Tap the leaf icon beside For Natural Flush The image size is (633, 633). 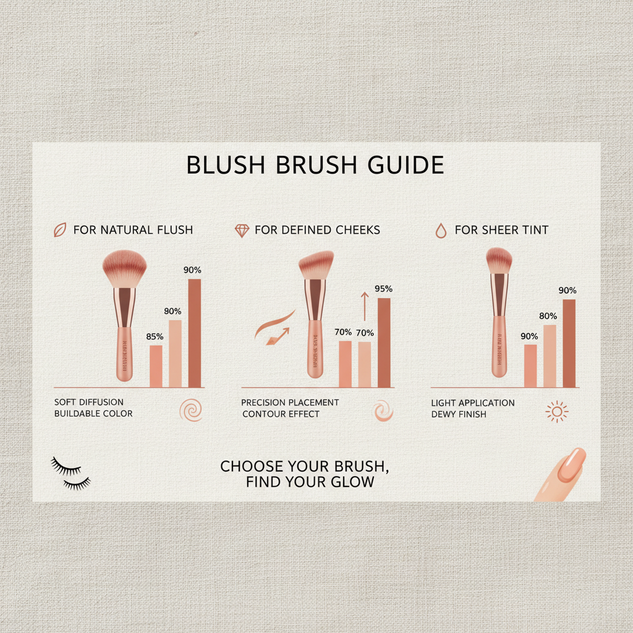coord(60,230)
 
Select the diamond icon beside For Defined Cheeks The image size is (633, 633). coord(242,231)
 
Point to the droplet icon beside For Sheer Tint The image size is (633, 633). coord(440,231)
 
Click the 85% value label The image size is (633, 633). coord(155,337)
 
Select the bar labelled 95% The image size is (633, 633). coord(384,342)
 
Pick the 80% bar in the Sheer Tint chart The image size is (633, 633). coord(550,356)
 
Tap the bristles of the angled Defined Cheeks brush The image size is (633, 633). coord(315,264)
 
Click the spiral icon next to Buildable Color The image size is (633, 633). coord(190,410)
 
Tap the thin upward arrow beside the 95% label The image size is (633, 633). coord(364,307)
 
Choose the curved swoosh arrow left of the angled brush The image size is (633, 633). coord(273,328)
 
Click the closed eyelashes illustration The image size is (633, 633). coord(70,474)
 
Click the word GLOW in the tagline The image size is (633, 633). coord(352,482)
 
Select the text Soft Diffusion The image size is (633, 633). coord(89,402)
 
